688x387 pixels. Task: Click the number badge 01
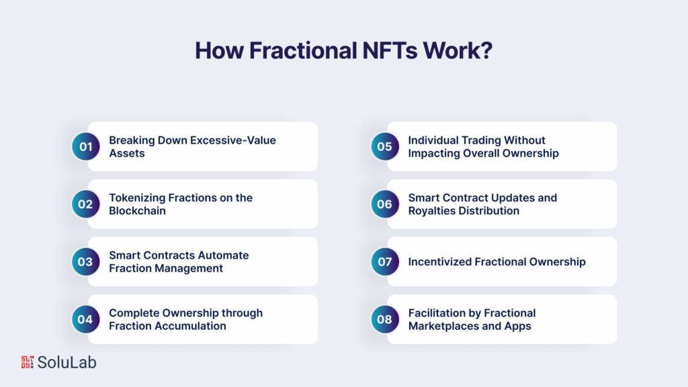pos(85,146)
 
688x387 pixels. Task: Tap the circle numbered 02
pos(85,204)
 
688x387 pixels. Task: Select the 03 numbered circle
pos(85,262)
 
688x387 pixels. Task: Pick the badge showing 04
pos(85,320)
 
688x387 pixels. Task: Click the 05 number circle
pos(384,146)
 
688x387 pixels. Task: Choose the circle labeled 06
pos(384,204)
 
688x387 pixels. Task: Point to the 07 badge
pos(384,262)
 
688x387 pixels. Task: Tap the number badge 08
pos(384,320)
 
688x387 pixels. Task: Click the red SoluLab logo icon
pos(28,362)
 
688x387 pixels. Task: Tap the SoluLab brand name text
pos(67,362)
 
